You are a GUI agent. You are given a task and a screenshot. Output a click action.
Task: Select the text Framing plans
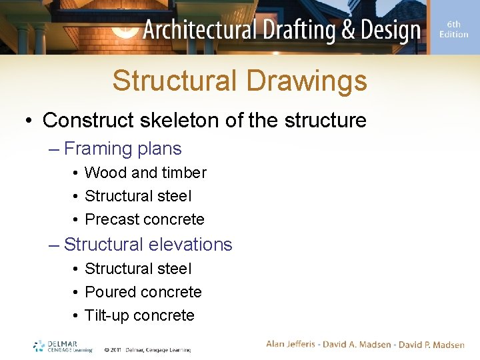point(123,149)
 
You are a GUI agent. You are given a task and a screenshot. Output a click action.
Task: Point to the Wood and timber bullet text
point(145,173)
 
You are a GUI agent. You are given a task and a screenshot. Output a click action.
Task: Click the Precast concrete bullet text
point(145,219)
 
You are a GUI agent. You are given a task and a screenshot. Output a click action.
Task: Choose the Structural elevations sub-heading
point(148,245)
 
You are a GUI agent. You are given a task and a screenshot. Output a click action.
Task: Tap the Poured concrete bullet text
point(143,292)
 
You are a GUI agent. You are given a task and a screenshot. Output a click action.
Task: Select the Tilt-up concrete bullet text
point(139,315)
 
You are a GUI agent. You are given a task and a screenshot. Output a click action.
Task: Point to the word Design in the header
point(387,30)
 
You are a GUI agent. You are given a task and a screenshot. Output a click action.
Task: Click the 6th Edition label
point(453,29)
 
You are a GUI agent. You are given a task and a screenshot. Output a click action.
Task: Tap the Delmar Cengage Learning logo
point(61,346)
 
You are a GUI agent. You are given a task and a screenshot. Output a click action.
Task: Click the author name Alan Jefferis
point(294,344)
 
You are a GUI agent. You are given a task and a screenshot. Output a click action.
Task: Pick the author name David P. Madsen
point(431,344)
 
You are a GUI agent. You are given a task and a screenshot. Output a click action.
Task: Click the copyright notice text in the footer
point(147,349)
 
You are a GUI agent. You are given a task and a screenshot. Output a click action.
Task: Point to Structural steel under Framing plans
point(138,196)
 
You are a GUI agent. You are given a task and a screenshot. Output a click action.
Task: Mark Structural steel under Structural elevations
point(138,269)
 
